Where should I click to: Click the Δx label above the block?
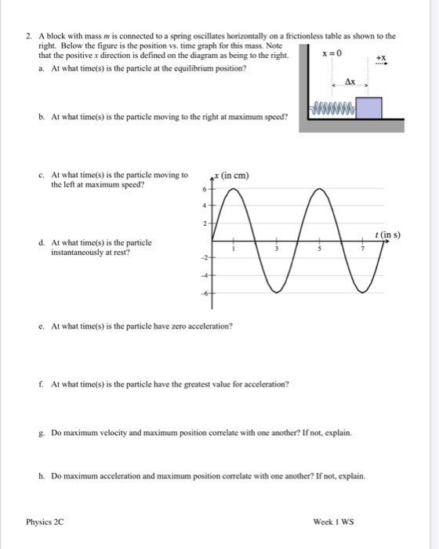coord(351,82)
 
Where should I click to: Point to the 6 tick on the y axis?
coord(203,191)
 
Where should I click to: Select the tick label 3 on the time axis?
coord(274,250)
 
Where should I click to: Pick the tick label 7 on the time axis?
coord(362,250)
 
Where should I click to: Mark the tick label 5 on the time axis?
coord(318,250)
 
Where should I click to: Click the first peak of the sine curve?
coord(230,191)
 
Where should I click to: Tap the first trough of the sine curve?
coord(274,291)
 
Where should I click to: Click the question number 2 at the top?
coord(27,36)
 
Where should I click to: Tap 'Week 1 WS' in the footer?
coord(333,520)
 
